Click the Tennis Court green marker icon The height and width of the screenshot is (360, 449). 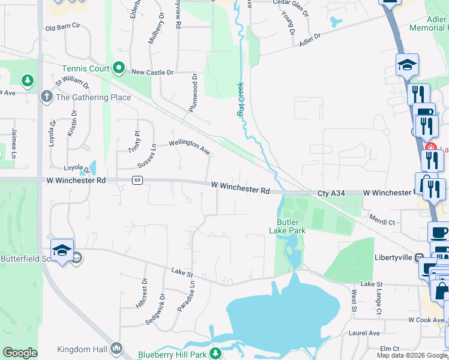119,69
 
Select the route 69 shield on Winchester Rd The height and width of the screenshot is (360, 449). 137,180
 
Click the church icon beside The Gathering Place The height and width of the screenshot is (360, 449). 46,97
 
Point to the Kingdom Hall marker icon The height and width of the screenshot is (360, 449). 116,348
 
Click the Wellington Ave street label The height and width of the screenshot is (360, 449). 188,144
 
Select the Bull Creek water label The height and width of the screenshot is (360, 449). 241,99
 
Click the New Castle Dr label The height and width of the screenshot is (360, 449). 152,72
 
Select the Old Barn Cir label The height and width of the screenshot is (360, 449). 62,28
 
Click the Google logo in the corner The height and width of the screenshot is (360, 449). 20,353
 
